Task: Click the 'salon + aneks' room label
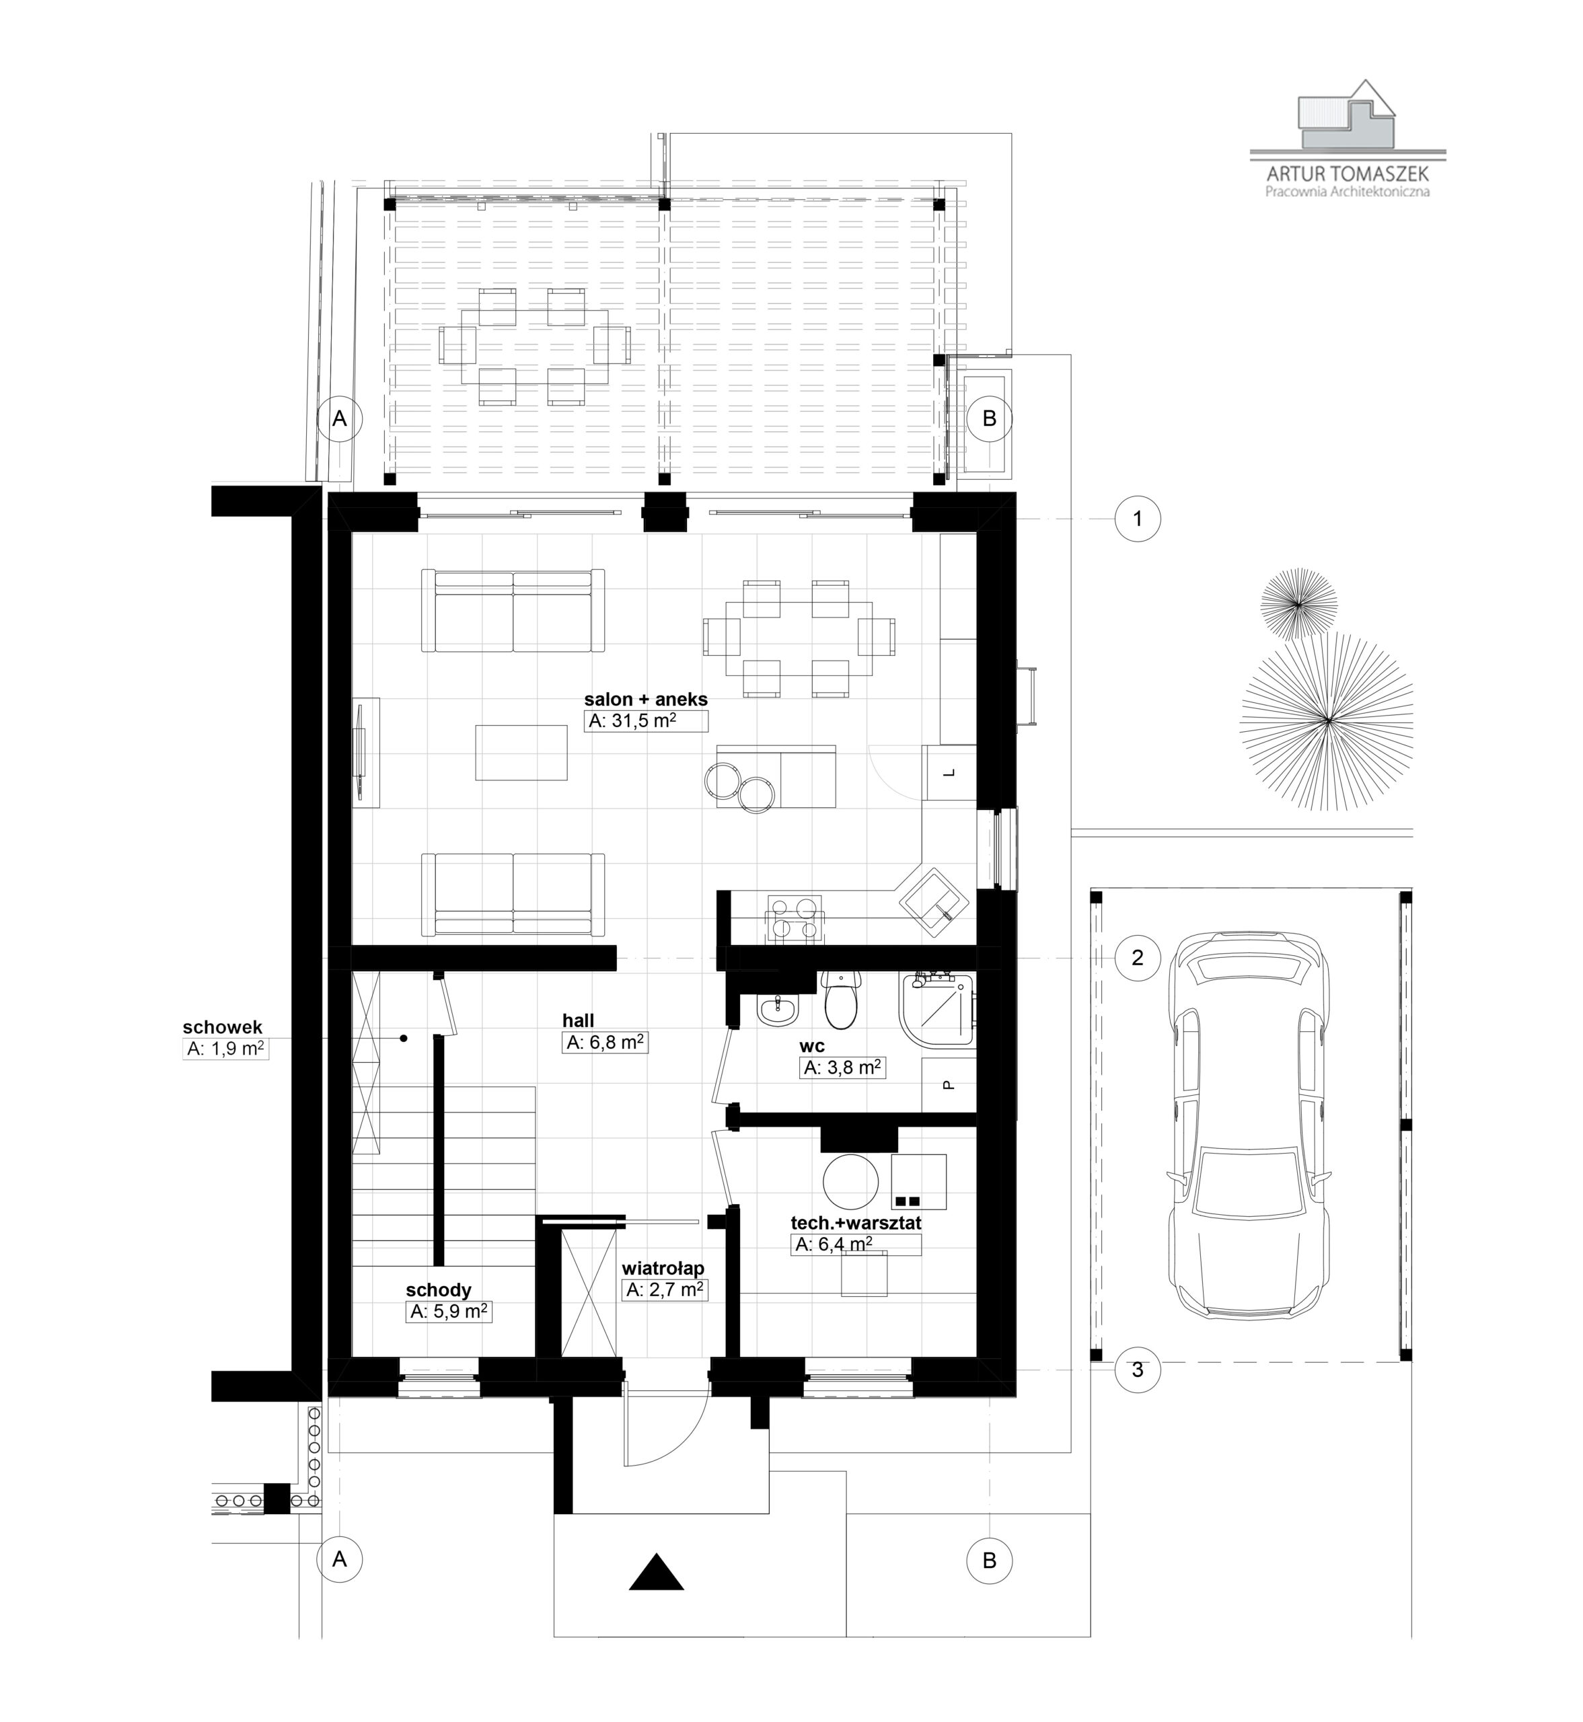[646, 700]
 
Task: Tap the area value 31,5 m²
[633, 721]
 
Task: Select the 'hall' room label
[578, 1020]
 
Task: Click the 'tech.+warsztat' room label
[856, 1224]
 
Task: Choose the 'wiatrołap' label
[663, 1267]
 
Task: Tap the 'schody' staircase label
[439, 1290]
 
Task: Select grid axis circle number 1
[1138, 518]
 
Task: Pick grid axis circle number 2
[1138, 957]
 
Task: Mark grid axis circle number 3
[1138, 1370]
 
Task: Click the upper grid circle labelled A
[340, 418]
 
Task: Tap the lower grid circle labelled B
[990, 1560]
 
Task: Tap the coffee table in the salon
[521, 752]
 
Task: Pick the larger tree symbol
[1326, 721]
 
